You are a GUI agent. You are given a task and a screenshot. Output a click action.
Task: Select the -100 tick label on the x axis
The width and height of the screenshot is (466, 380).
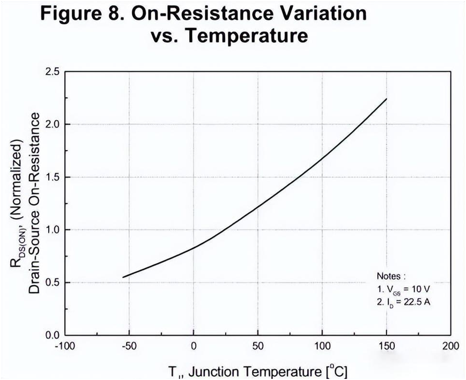coord(65,346)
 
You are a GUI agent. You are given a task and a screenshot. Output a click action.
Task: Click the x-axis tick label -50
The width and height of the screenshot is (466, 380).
coord(129,346)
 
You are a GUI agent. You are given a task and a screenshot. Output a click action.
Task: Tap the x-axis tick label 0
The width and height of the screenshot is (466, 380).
coord(194,346)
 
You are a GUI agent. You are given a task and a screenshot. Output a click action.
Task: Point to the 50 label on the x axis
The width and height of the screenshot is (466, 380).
coord(258,346)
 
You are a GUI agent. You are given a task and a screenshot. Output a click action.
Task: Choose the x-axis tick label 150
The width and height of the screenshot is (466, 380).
coord(386,346)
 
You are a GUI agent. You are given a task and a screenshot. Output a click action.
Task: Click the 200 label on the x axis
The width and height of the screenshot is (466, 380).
coord(450,346)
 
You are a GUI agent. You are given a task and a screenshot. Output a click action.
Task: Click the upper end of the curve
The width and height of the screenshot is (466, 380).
coord(386,99)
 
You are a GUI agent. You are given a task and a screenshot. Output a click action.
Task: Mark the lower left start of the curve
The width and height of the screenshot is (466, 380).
coord(123,277)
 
